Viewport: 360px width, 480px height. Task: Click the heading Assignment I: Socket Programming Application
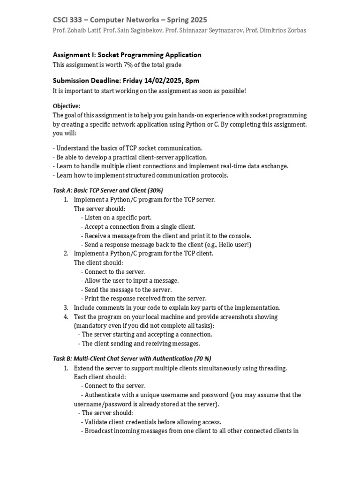click(127, 55)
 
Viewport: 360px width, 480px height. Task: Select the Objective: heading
click(67, 106)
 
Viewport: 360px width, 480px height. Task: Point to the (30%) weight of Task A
click(155, 190)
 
